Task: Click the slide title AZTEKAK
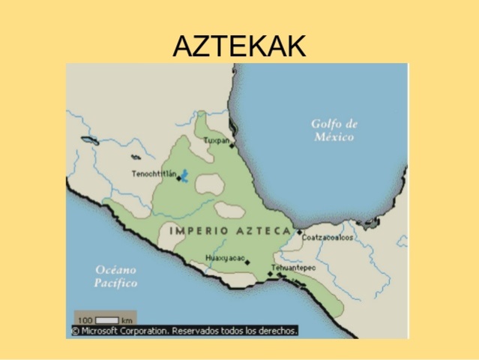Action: (x=239, y=46)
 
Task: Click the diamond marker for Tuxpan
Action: (x=232, y=146)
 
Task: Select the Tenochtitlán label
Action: (x=154, y=174)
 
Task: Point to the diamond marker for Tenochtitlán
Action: (x=178, y=178)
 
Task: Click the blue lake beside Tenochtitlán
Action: (x=185, y=176)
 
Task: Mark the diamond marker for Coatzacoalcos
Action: (x=299, y=232)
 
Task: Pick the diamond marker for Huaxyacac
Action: (x=247, y=262)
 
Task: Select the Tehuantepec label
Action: (x=293, y=267)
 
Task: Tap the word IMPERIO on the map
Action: (x=197, y=230)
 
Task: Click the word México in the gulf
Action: (x=334, y=137)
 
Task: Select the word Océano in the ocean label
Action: (x=115, y=269)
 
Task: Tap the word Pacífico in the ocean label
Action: (x=115, y=283)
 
